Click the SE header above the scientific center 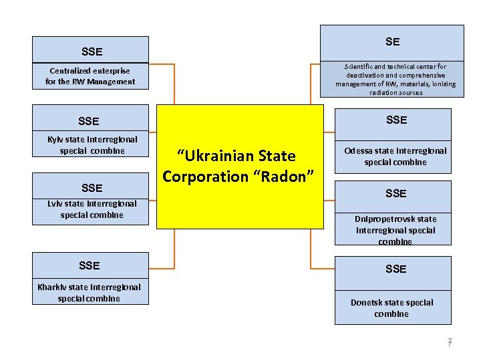click(x=392, y=42)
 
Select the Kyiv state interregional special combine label click(x=92, y=145)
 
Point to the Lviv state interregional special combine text click(x=92, y=209)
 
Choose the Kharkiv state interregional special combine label click(x=89, y=293)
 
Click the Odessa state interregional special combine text click(x=395, y=156)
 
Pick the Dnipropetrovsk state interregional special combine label click(x=395, y=230)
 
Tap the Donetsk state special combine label click(x=391, y=308)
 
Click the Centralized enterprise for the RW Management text click(x=90, y=76)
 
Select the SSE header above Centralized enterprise click(x=92, y=51)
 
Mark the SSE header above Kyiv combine click(x=88, y=122)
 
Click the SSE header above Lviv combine click(x=92, y=188)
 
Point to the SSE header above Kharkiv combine click(x=89, y=266)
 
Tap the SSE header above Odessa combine click(x=396, y=120)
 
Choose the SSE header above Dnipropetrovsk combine click(x=395, y=194)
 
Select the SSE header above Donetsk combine click(x=395, y=269)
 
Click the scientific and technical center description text click(x=395, y=80)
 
